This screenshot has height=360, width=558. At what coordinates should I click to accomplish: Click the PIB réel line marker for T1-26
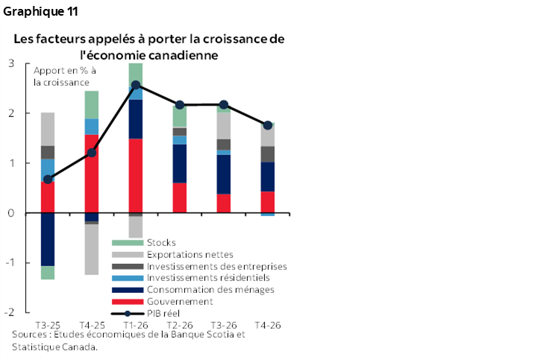coord(136,85)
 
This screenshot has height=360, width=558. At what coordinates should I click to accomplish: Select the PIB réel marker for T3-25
coord(48,180)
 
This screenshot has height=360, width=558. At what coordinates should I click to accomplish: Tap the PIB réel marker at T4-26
coord(268,125)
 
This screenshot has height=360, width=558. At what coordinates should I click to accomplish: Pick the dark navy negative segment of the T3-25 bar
coord(48,239)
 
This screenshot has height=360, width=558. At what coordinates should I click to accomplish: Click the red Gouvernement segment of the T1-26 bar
coord(136,175)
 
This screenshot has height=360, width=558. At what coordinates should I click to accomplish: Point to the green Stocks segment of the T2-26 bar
coord(180,116)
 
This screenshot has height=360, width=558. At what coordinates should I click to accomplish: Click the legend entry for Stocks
coord(161,242)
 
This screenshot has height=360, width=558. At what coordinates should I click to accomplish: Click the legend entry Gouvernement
coord(180,301)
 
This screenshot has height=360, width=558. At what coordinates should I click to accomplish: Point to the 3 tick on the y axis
coord(12,63)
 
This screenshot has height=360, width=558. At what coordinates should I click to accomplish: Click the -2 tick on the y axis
coord(10,312)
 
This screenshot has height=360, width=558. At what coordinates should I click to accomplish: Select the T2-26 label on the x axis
coord(180,325)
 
